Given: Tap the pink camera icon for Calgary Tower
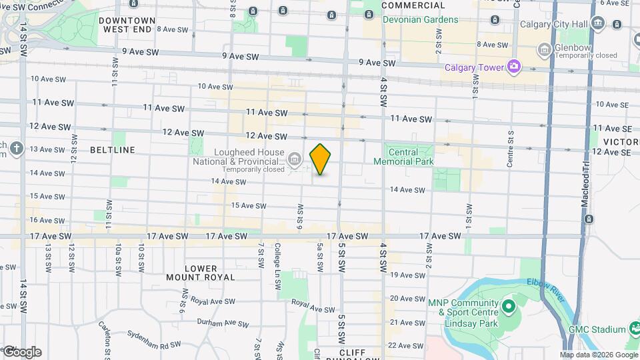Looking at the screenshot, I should point(513,67).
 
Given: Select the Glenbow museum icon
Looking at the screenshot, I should point(545,49).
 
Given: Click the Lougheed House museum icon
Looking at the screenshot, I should point(295,159).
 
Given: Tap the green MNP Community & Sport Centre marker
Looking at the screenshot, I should point(508,307).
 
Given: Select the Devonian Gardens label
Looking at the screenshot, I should point(420,19).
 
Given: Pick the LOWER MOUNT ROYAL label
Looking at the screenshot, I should point(201,273).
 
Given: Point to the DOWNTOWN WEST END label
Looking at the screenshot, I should point(127,25).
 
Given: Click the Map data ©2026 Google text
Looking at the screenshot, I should point(598,355).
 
